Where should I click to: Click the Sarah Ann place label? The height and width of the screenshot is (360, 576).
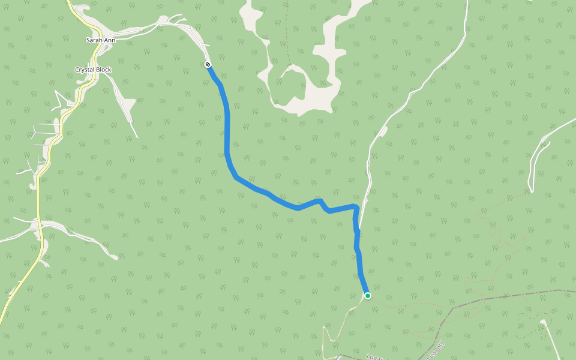point(100,40)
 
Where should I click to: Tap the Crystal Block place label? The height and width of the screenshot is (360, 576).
point(93,70)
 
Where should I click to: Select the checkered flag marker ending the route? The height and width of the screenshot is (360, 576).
point(208,64)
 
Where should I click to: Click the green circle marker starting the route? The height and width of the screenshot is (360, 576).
point(367,295)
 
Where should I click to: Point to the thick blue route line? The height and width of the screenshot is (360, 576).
point(227,132)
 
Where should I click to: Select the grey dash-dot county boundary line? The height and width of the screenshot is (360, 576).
point(510,296)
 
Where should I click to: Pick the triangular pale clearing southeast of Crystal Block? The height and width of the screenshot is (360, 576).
point(129,106)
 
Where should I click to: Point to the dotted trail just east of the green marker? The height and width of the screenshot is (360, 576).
point(408,305)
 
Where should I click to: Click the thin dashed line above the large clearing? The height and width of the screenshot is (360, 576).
point(287,36)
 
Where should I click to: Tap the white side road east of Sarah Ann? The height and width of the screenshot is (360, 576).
point(144,26)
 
